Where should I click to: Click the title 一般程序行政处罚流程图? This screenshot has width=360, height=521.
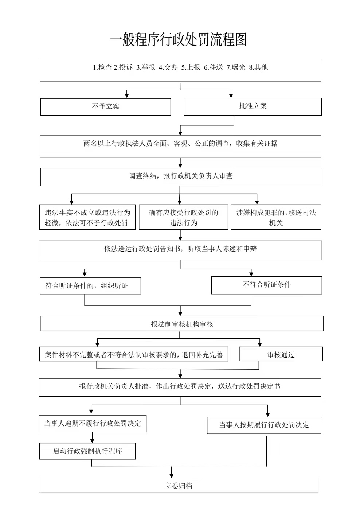(179, 39)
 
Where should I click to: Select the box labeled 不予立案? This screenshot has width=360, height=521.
(106, 107)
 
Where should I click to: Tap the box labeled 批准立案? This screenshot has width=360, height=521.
(253, 106)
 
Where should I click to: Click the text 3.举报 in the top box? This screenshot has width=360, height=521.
(146, 67)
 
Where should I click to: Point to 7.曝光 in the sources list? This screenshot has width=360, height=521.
(236, 67)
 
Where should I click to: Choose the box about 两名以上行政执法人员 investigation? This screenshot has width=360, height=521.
(180, 147)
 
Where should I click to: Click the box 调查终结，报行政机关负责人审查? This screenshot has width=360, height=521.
(181, 177)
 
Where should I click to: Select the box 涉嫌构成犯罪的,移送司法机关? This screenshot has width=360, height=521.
(276, 217)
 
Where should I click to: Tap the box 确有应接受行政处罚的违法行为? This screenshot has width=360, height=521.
(183, 217)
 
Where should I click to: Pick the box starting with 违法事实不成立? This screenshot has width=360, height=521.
(87, 217)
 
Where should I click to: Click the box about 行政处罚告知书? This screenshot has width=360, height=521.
(180, 250)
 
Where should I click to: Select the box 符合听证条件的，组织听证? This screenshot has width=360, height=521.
(90, 285)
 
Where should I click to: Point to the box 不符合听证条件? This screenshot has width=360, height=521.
(267, 285)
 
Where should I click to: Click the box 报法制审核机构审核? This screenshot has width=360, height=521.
(182, 323)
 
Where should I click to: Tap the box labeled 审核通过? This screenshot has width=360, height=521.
(281, 354)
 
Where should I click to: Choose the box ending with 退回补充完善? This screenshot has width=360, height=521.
(134, 354)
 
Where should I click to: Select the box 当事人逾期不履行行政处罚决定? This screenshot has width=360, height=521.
(93, 424)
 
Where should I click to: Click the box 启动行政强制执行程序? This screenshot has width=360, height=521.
(87, 451)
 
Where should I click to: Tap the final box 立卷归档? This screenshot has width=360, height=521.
(179, 485)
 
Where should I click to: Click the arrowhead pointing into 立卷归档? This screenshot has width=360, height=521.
(172, 475)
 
